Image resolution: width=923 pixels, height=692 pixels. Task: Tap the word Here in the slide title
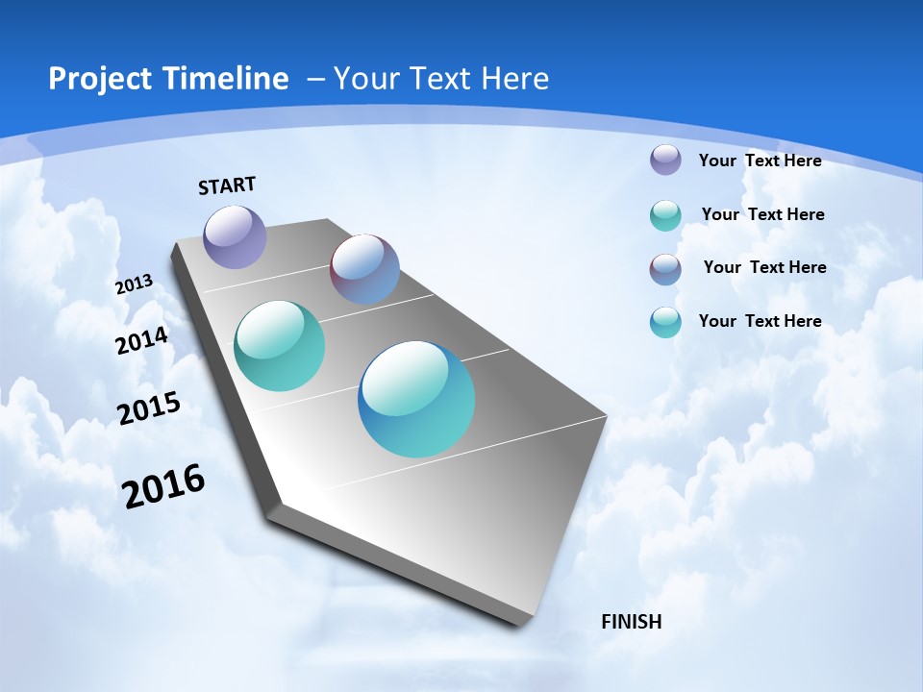[514, 79]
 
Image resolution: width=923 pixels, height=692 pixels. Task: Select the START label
[227, 185]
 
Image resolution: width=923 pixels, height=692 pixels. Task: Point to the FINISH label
[631, 622]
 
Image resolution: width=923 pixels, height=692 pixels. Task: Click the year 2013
[134, 284]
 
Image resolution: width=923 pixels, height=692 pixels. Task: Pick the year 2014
[141, 340]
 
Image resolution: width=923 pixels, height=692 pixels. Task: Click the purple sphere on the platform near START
[235, 236]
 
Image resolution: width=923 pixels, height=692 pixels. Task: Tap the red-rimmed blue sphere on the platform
[364, 269]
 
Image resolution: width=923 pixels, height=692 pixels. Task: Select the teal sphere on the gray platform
[279, 346]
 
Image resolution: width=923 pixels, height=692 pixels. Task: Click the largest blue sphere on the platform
[416, 399]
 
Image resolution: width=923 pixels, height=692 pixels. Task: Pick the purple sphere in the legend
[665, 160]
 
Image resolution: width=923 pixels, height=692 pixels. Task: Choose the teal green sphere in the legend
[665, 215]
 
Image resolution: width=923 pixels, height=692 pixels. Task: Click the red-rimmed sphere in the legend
[665, 269]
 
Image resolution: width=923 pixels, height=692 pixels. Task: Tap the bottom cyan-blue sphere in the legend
[665, 322]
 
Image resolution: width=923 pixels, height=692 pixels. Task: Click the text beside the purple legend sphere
[760, 161]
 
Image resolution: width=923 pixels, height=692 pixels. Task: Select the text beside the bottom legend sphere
[760, 321]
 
